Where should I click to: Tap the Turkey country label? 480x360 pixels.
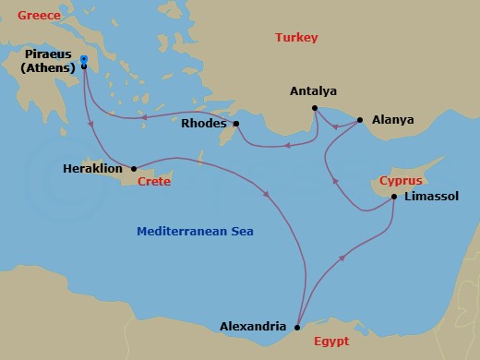pos(296,38)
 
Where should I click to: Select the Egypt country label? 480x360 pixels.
pos(330,341)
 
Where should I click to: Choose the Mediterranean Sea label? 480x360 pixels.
pos(195,231)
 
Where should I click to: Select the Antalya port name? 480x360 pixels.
pos(313,91)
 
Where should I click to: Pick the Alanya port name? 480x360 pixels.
pos(392,120)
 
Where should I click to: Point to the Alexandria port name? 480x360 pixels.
pos(253,326)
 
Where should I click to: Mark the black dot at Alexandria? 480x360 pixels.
pos(296,327)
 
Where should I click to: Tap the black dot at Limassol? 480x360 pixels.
pos(394,197)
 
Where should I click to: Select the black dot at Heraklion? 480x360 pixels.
pos(135,169)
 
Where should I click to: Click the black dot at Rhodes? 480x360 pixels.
pos(236,124)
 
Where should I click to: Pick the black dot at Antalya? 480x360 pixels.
pos(315,108)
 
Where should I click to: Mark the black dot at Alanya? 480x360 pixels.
pos(359,120)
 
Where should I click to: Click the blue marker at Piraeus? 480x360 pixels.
pos(84,60)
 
